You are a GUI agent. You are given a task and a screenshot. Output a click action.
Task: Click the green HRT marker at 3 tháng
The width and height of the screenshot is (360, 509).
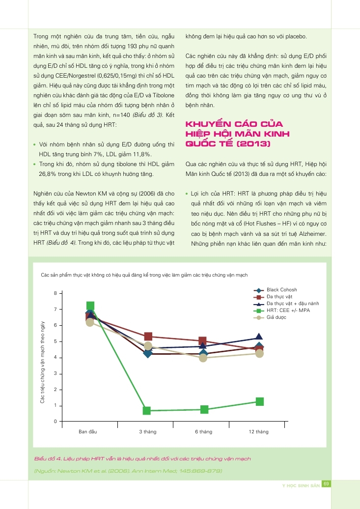(146, 410)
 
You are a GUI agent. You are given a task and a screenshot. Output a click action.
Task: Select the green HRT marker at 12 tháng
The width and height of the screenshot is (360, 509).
(259, 401)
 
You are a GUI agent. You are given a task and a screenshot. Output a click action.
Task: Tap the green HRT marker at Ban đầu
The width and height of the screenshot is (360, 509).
(90, 306)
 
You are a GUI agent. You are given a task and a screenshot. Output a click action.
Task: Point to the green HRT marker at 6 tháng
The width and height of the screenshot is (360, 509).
(204, 409)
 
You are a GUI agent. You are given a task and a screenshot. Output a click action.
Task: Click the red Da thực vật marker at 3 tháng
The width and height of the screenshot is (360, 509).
(148, 337)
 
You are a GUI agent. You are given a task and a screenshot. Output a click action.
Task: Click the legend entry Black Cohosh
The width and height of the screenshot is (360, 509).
(281, 290)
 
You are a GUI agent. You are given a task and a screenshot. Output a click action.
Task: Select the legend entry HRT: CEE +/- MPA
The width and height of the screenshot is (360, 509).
(288, 311)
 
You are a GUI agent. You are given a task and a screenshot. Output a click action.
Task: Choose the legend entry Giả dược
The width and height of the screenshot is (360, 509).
(276, 317)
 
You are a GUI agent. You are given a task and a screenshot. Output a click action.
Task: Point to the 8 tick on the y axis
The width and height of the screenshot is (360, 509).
(55, 293)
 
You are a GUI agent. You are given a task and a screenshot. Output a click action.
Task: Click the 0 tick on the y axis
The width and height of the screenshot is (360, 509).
(55, 422)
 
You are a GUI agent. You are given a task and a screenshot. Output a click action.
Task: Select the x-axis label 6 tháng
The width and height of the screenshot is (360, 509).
(203, 432)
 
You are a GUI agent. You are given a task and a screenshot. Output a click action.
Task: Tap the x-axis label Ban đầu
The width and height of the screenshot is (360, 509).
(88, 432)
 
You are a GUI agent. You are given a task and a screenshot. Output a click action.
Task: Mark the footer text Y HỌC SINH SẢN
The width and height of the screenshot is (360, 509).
(301, 485)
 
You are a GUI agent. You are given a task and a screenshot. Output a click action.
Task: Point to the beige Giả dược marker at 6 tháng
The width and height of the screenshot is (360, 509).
(203, 358)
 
